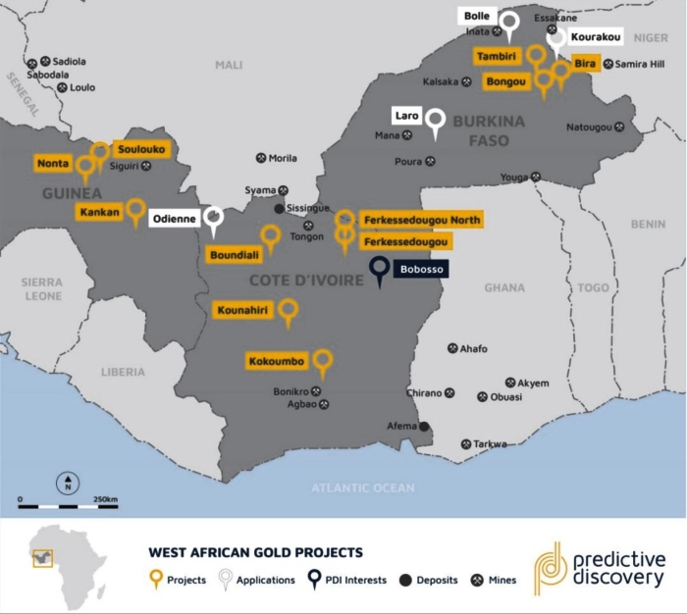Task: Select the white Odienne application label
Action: [177, 219]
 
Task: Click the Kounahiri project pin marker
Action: [288, 312]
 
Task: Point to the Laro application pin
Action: [435, 120]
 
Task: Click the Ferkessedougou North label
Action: [421, 220]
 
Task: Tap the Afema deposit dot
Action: [424, 427]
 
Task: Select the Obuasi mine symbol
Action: [482, 397]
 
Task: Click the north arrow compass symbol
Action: [68, 483]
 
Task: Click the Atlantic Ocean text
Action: [362, 487]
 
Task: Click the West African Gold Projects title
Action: [255, 552]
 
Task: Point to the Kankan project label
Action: [100, 212]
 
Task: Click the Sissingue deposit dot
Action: [279, 208]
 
